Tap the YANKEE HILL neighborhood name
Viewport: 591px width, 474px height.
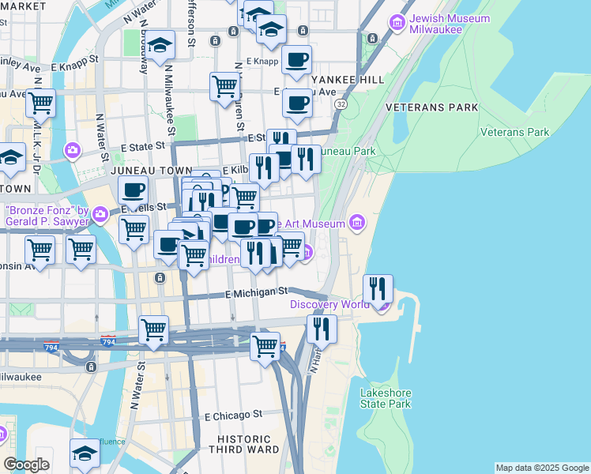[x=348, y=80]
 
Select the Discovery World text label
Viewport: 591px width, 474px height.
[x=330, y=304]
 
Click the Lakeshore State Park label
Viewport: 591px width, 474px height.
[x=386, y=398]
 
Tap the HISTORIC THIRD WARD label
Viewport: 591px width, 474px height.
[x=243, y=443]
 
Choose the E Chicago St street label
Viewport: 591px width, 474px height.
[x=233, y=415]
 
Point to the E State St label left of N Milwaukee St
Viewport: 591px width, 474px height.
[x=142, y=146]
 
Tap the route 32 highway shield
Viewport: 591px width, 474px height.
[x=341, y=103]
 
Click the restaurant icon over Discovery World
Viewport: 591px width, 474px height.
[x=378, y=289]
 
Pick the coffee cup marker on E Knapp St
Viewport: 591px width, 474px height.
[x=297, y=60]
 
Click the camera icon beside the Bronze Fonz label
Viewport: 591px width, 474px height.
[x=100, y=213]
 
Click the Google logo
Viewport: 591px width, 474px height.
[x=26, y=465]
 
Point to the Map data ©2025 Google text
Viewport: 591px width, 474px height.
[x=541, y=468]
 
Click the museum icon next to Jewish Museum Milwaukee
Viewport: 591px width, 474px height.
[x=396, y=20]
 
